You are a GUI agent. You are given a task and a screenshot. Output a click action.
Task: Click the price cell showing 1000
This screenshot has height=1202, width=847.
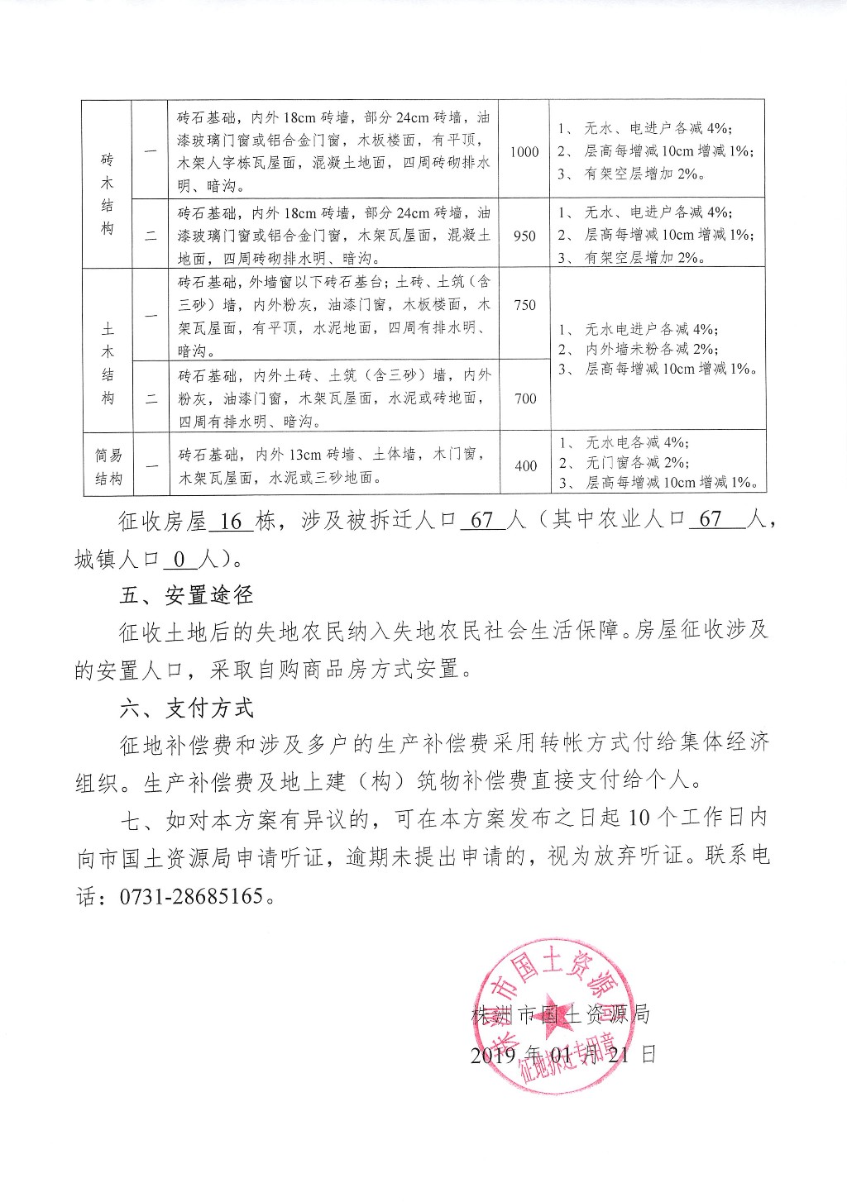coord(524,152)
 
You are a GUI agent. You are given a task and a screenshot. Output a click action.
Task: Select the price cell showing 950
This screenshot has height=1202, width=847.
coord(524,236)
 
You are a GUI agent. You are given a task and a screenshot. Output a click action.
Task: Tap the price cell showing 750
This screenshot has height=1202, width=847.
coord(524,305)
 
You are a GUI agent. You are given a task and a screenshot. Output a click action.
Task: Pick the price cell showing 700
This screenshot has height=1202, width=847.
coord(525,398)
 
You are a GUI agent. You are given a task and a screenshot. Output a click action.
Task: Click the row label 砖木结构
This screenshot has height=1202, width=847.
coord(108,194)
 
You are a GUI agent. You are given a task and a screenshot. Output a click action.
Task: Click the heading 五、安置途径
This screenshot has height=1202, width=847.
coord(186,595)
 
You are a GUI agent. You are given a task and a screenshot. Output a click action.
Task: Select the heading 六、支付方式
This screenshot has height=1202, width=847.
coord(186,708)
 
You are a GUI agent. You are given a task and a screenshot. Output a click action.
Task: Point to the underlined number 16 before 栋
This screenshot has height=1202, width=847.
coord(232,522)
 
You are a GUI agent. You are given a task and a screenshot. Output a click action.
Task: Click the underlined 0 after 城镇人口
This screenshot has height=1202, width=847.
coord(179,560)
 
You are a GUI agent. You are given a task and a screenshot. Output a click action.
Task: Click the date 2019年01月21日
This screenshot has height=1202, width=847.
coord(562,1055)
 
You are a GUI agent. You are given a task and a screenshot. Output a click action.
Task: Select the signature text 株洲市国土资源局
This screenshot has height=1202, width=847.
coord(560,1015)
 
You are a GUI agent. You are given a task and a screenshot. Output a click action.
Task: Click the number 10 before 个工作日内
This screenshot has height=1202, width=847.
coord(640,818)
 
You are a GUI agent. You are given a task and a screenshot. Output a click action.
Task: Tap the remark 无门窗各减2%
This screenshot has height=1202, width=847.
coord(636,463)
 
